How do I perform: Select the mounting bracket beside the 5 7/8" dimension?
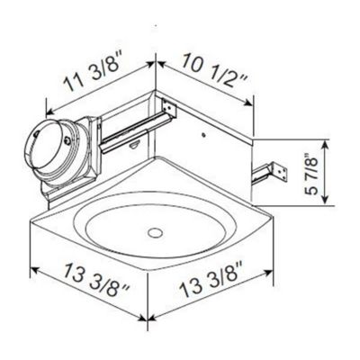click(270, 168)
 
